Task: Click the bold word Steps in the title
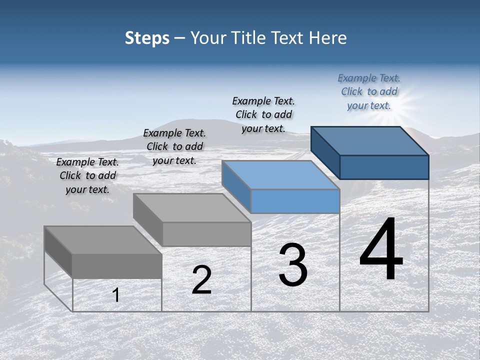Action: click(x=147, y=38)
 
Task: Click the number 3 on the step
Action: click(x=293, y=265)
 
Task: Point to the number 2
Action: click(x=201, y=280)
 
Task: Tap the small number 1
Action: click(x=116, y=295)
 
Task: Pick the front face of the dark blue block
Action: click(x=384, y=167)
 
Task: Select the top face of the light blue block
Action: click(x=281, y=175)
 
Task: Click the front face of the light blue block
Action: click(x=295, y=201)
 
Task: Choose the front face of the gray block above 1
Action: click(x=117, y=266)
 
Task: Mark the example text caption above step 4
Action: click(x=369, y=91)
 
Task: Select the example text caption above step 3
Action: click(x=263, y=114)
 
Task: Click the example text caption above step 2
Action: click(x=174, y=146)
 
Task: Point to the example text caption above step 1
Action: click(x=87, y=175)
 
